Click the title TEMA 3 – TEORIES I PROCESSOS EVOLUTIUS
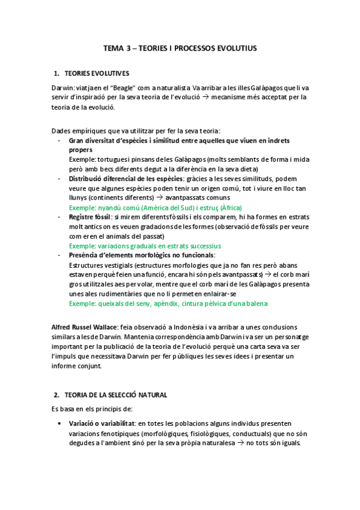pyautogui.click(x=180, y=48)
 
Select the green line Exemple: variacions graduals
pyautogui.click(x=145, y=245)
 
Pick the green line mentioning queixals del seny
pyautogui.click(x=168, y=304)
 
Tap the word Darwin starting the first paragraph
pyautogui.click(x=63, y=88)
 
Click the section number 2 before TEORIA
pyautogui.click(x=56, y=395)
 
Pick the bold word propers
pyautogui.click(x=81, y=149)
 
